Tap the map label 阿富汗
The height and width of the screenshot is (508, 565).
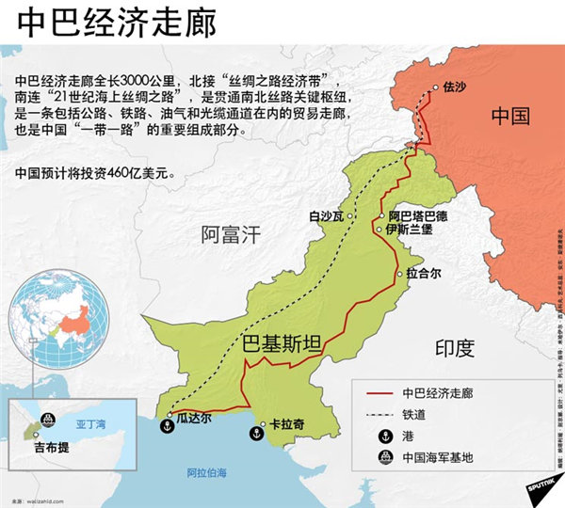pyautogui.click(x=230, y=234)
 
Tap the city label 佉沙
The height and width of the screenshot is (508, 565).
pyautogui.click(x=455, y=88)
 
